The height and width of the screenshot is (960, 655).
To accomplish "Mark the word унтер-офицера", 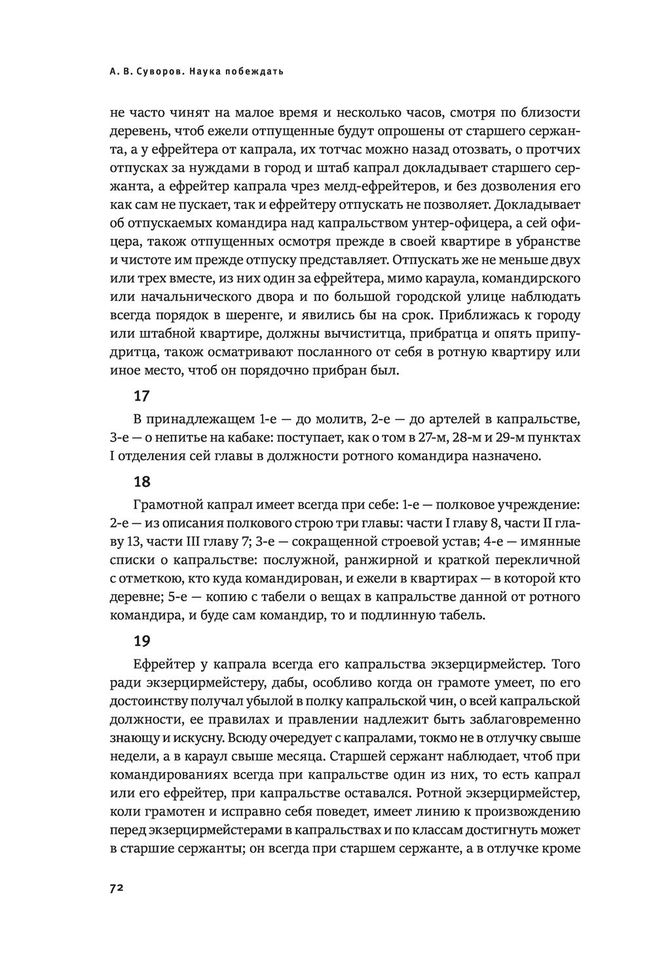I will click(x=453, y=222).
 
